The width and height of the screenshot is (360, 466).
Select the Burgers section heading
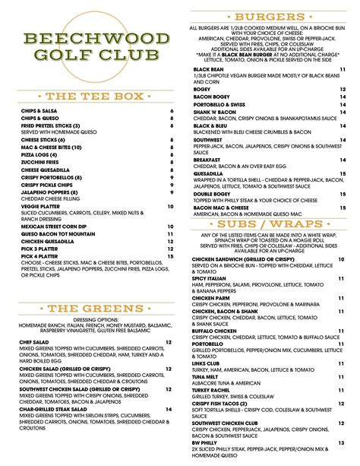point(270,16)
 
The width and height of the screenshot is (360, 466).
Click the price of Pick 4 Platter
point(170,257)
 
